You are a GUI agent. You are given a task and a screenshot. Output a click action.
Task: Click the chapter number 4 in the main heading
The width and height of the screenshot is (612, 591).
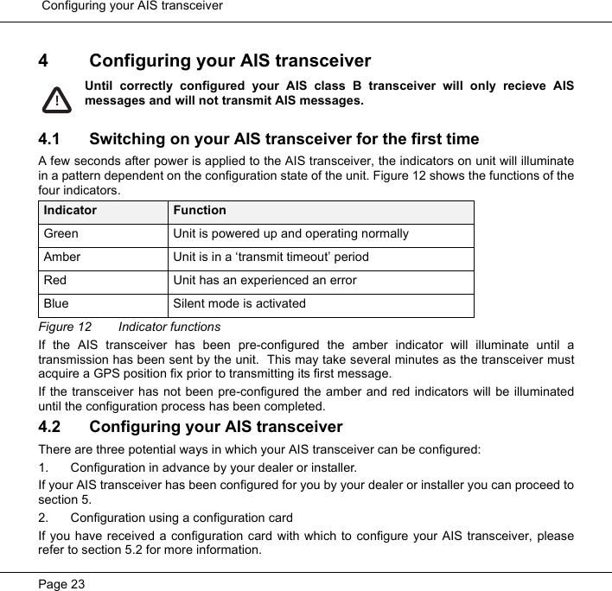[43, 61]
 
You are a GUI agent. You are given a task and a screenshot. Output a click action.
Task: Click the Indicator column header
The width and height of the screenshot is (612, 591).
[70, 210]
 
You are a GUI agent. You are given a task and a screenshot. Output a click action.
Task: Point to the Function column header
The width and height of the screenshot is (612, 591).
[199, 210]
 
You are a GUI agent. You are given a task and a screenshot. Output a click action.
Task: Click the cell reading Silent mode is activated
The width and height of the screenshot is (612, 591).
[239, 303]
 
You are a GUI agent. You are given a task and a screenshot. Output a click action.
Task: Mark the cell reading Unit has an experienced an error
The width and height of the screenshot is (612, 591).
[264, 280]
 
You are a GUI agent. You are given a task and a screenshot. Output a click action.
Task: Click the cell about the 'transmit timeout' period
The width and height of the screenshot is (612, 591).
[271, 257]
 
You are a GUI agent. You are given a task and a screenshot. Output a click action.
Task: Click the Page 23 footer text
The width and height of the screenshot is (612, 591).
[62, 584]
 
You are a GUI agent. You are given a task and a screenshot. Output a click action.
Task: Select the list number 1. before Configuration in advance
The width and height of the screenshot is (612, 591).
[44, 467]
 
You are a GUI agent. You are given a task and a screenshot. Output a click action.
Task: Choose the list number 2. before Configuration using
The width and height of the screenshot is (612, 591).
[44, 518]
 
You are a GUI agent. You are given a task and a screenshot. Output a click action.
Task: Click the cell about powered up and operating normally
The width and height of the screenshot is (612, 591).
[290, 233]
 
